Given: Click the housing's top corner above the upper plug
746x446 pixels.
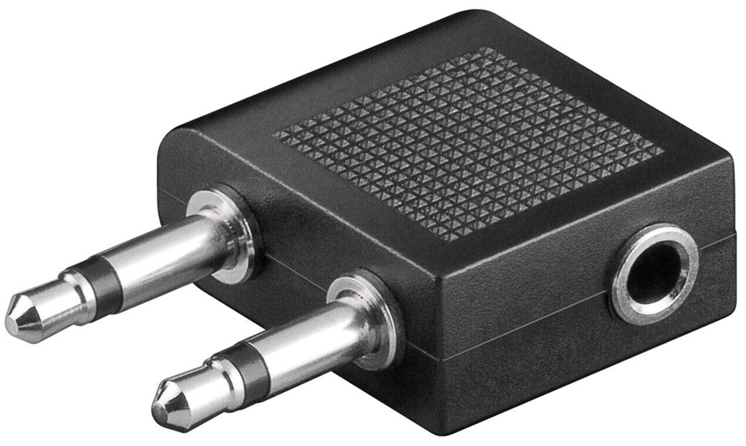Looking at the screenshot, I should (x=176, y=132).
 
